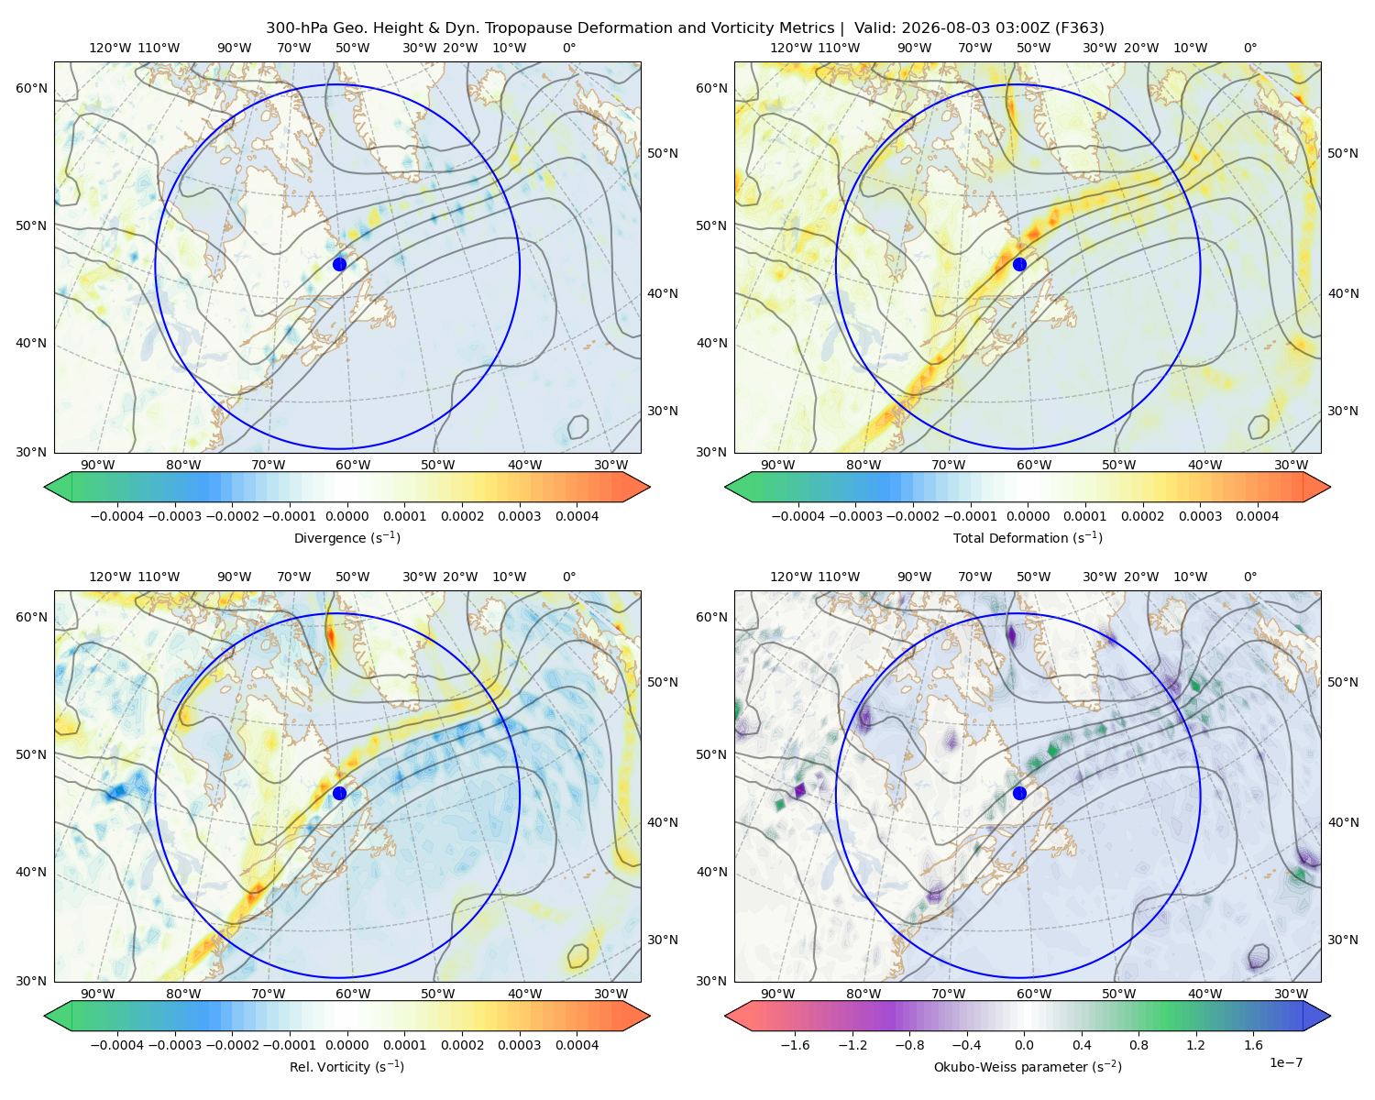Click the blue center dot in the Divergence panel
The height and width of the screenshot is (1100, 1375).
click(x=339, y=264)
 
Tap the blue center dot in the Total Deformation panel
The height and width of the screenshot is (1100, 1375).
click(x=1019, y=264)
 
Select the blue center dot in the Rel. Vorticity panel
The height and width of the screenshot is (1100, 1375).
click(x=339, y=793)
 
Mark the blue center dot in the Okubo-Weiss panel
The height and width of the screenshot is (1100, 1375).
click(x=1019, y=793)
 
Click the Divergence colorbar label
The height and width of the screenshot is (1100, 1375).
click(x=346, y=537)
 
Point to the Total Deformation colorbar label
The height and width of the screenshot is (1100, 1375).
click(x=1028, y=537)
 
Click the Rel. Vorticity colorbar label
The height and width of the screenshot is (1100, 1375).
click(x=346, y=1066)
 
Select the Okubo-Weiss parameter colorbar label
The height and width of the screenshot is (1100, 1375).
click(x=1028, y=1066)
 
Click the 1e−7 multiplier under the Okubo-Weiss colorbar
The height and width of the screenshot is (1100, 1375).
click(x=1285, y=1062)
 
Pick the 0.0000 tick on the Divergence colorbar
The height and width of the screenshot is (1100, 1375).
click(x=346, y=516)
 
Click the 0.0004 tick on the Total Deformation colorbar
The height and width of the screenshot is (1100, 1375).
click(x=1257, y=516)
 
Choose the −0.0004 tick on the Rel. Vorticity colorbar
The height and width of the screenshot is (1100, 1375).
click(x=117, y=1045)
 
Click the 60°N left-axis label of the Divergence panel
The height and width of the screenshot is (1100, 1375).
click(x=31, y=88)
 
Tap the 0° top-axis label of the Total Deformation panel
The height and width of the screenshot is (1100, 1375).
click(x=1250, y=48)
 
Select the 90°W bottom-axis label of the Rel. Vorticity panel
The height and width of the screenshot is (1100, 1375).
click(x=98, y=994)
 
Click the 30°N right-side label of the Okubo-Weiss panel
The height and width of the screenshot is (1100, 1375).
click(x=1343, y=940)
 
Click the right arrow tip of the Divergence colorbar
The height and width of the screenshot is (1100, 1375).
click(x=650, y=488)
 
